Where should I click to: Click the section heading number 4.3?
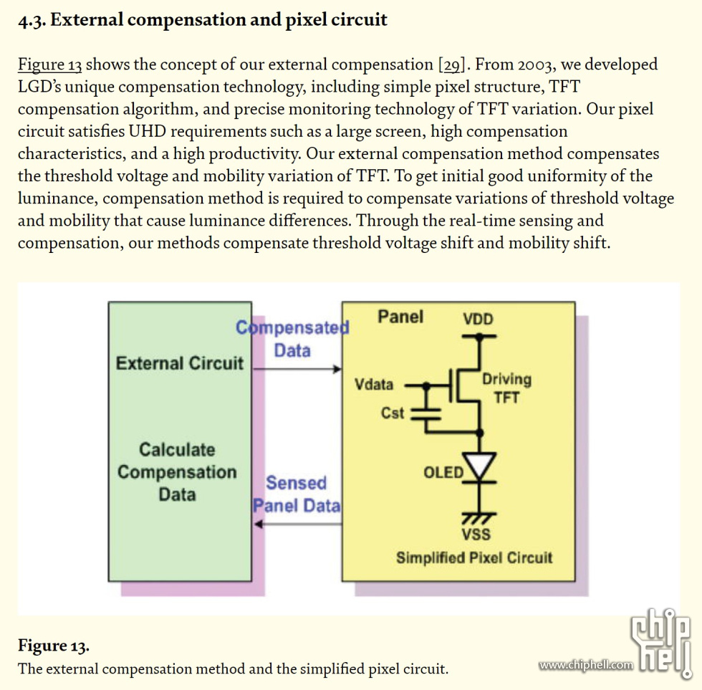pyautogui.click(x=32, y=20)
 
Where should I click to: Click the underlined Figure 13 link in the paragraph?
pyautogui.click(x=49, y=65)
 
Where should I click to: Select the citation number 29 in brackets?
pyautogui.click(x=453, y=65)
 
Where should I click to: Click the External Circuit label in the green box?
pyautogui.click(x=180, y=363)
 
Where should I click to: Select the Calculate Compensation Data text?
pyautogui.click(x=177, y=472)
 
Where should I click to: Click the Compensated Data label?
pyautogui.click(x=292, y=339)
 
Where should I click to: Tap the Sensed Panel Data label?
pyautogui.click(x=297, y=494)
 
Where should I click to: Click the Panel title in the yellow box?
pyautogui.click(x=400, y=317)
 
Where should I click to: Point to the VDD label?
pyautogui.click(x=478, y=320)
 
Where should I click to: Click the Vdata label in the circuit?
pyautogui.click(x=374, y=385)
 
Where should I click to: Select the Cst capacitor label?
pyautogui.click(x=393, y=413)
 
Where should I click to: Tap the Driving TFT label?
pyautogui.click(x=506, y=388)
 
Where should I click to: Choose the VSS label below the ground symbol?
pyautogui.click(x=476, y=535)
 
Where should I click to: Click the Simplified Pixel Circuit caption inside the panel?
pyautogui.click(x=474, y=558)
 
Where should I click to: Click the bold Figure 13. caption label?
pyautogui.click(x=54, y=646)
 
